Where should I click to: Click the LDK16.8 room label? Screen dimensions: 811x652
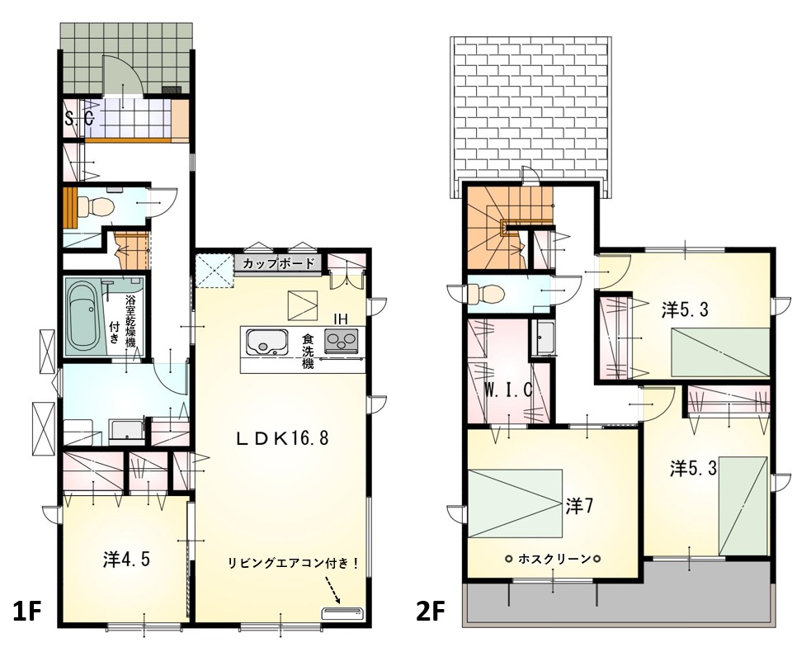click(x=282, y=439)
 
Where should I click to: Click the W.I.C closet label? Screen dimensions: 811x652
click(x=508, y=390)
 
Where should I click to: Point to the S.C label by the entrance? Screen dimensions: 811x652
click(x=80, y=119)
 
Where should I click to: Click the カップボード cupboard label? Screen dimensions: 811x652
click(x=278, y=263)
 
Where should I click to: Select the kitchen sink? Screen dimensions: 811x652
click(x=266, y=342)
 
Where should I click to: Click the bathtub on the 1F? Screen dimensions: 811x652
click(x=84, y=317)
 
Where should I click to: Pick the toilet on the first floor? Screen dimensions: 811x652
click(x=97, y=207)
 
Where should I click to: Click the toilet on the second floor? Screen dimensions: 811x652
click(x=484, y=295)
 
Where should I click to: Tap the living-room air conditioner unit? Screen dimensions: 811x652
click(x=342, y=613)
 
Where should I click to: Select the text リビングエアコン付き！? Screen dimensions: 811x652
click(x=294, y=564)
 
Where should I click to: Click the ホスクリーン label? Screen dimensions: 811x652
click(x=554, y=559)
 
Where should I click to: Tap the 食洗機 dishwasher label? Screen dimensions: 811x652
click(x=309, y=352)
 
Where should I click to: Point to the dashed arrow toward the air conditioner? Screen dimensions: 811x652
click(x=332, y=591)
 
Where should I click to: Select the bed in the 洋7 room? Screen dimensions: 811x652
click(x=515, y=504)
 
